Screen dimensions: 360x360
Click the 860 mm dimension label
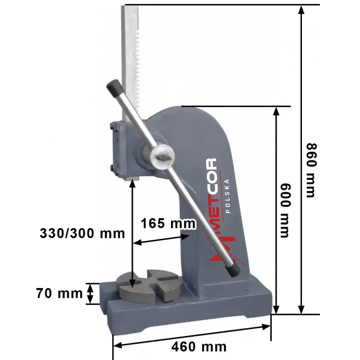pyautogui.click(x=311, y=171)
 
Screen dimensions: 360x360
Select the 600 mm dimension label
pyautogui.click(x=286, y=211)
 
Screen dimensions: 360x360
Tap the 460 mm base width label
pyautogui.click(x=199, y=346)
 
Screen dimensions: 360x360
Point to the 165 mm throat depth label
pyautogui.click(x=168, y=223)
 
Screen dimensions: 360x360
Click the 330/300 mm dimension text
pyautogui.click(x=82, y=233)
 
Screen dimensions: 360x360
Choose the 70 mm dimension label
pyautogui.click(x=59, y=293)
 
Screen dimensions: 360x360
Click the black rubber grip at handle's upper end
pyautogui.click(x=115, y=89)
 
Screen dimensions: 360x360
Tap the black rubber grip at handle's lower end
pyautogui.click(x=232, y=269)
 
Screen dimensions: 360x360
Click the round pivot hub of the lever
pyautogui.click(x=162, y=157)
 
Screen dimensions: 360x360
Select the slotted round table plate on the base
pyautogui.click(x=149, y=286)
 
